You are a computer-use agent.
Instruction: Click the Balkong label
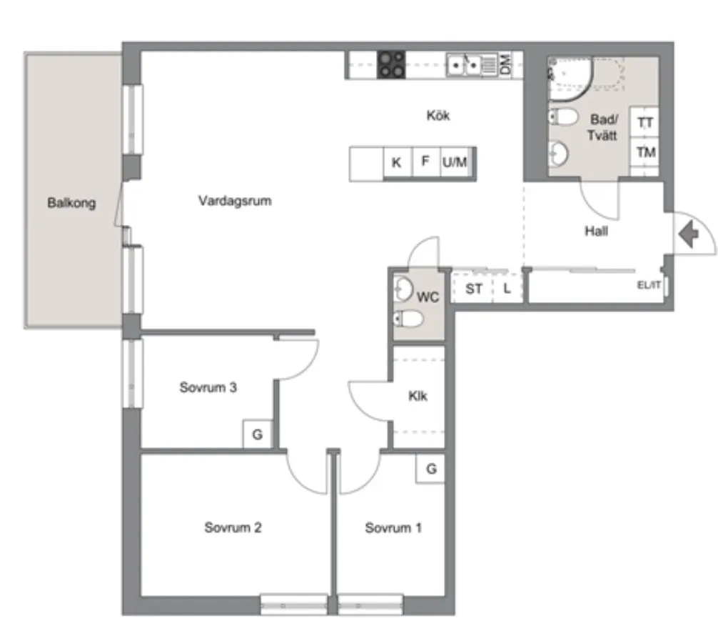pos(71,203)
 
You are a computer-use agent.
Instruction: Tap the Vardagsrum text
pos(235,201)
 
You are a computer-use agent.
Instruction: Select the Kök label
pos(438,116)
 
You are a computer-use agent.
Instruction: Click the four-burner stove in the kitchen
pos(391,64)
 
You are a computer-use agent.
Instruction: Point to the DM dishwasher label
pos(506,65)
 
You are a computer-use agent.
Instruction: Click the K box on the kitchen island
pos(396,163)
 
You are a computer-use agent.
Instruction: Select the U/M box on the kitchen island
pos(454,162)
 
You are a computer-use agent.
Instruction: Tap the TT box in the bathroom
pos(645,123)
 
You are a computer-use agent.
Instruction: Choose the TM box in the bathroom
pos(645,152)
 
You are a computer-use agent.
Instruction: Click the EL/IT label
pos(648,285)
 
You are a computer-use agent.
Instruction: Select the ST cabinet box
pos(474,289)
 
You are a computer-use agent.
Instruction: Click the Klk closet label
pos(418,395)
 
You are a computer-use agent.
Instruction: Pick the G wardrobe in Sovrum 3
pos(258,434)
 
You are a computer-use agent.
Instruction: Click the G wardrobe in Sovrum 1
pos(431,469)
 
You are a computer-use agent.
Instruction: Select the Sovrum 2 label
pos(233,528)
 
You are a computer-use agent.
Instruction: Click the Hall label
pos(596,231)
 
